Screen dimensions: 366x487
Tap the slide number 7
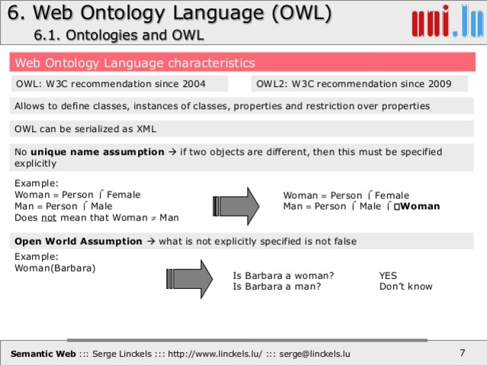pyautogui.click(x=462, y=352)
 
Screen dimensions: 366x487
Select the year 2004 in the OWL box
pyautogui.click(x=212, y=84)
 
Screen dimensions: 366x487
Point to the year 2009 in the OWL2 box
pyautogui.click(x=437, y=84)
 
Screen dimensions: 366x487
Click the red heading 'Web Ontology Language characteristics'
pyautogui.click(x=136, y=63)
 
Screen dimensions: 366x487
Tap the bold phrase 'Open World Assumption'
pyautogui.click(x=78, y=241)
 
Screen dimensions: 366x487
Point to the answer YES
pyautogui.click(x=388, y=275)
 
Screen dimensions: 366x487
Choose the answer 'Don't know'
pyautogui.click(x=405, y=287)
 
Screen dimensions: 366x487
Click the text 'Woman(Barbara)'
pyautogui.click(x=56, y=268)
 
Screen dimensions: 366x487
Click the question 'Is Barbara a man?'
pyautogui.click(x=277, y=287)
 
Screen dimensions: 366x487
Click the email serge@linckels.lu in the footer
pyautogui.click(x=315, y=354)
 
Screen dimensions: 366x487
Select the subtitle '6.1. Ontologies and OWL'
pyautogui.click(x=119, y=36)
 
